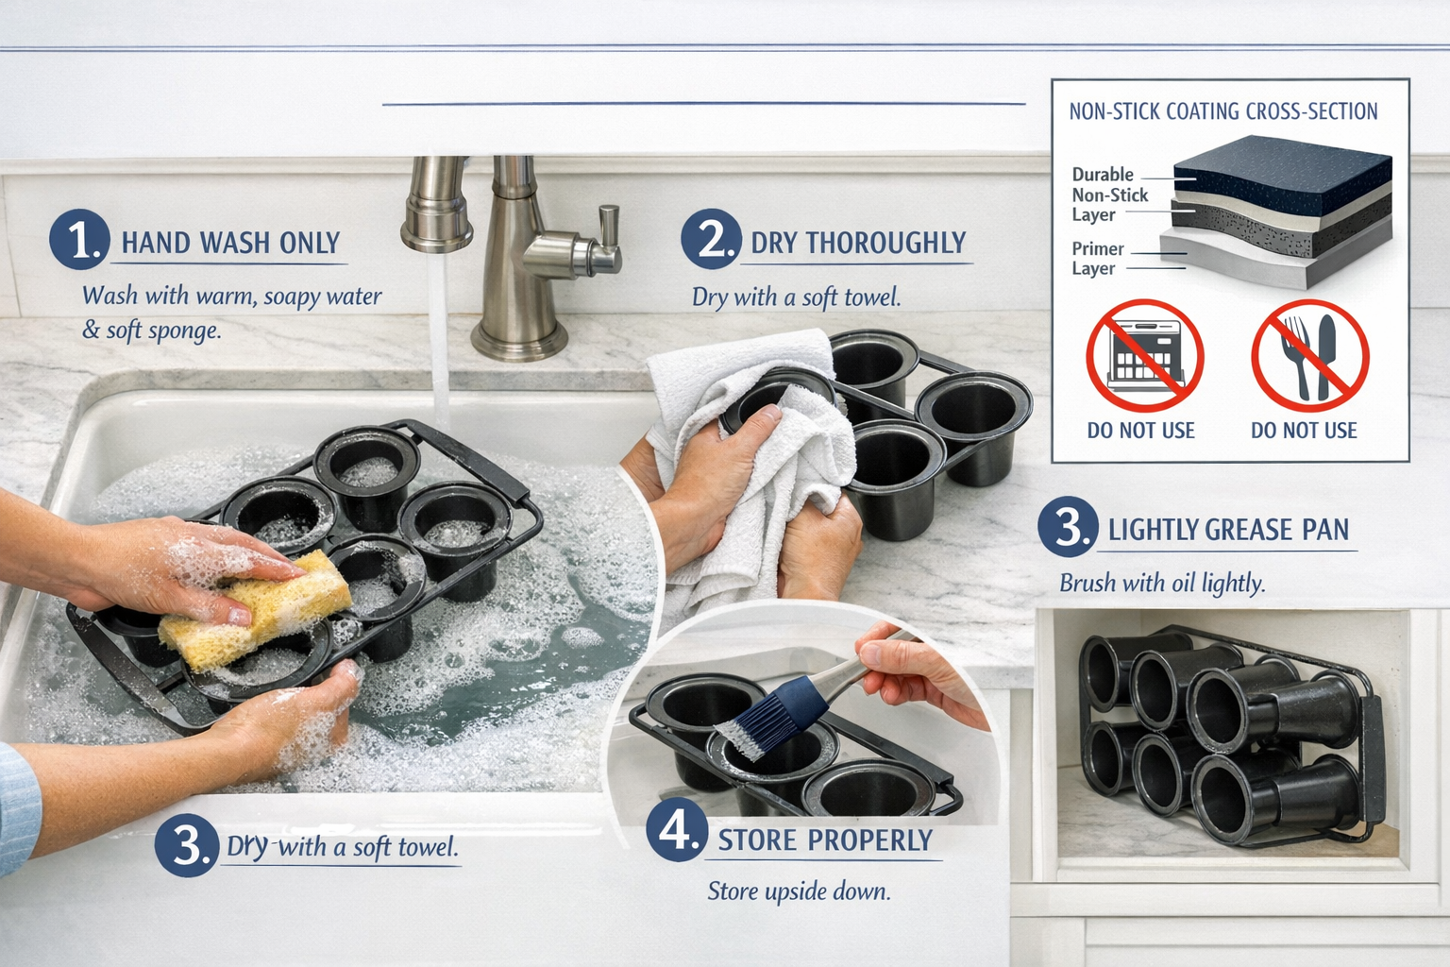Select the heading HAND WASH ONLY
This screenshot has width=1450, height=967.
tap(230, 244)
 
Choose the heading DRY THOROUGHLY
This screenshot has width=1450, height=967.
tap(858, 244)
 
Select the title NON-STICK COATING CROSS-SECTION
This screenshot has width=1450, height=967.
tap(1222, 111)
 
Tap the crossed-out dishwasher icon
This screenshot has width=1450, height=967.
tap(1144, 357)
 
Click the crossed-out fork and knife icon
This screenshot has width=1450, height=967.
tap(1309, 357)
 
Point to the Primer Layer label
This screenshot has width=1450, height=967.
tap(1097, 259)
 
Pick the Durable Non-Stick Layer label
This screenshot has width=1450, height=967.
tap(1109, 195)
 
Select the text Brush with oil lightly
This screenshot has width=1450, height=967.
tap(1162, 583)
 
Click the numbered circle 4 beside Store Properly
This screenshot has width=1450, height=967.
tap(676, 831)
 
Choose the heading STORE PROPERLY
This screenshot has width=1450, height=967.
tap(825, 840)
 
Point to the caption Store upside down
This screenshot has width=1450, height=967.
tap(799, 891)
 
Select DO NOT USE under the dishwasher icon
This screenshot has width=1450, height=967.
tap(1140, 431)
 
